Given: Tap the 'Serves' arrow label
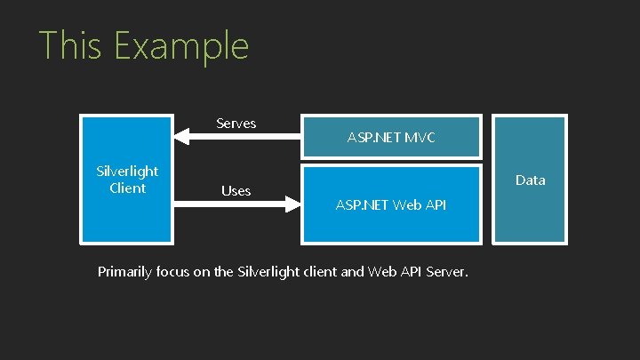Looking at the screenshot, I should pyautogui.click(x=236, y=123).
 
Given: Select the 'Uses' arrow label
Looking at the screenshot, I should pyautogui.click(x=236, y=190).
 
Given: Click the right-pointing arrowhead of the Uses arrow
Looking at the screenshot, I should pyautogui.click(x=295, y=205).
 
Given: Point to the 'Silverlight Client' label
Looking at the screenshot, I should pyautogui.click(x=127, y=179).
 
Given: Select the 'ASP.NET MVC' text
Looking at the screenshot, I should pyautogui.click(x=391, y=138).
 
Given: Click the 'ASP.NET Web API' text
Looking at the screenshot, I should pyautogui.click(x=390, y=205).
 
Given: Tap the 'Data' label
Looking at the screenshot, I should pyautogui.click(x=531, y=180).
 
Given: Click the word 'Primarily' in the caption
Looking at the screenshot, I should pyautogui.click(x=127, y=272).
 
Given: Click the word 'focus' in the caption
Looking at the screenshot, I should pyautogui.click(x=180, y=271).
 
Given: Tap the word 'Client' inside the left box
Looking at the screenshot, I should pyautogui.click(x=127, y=188).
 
